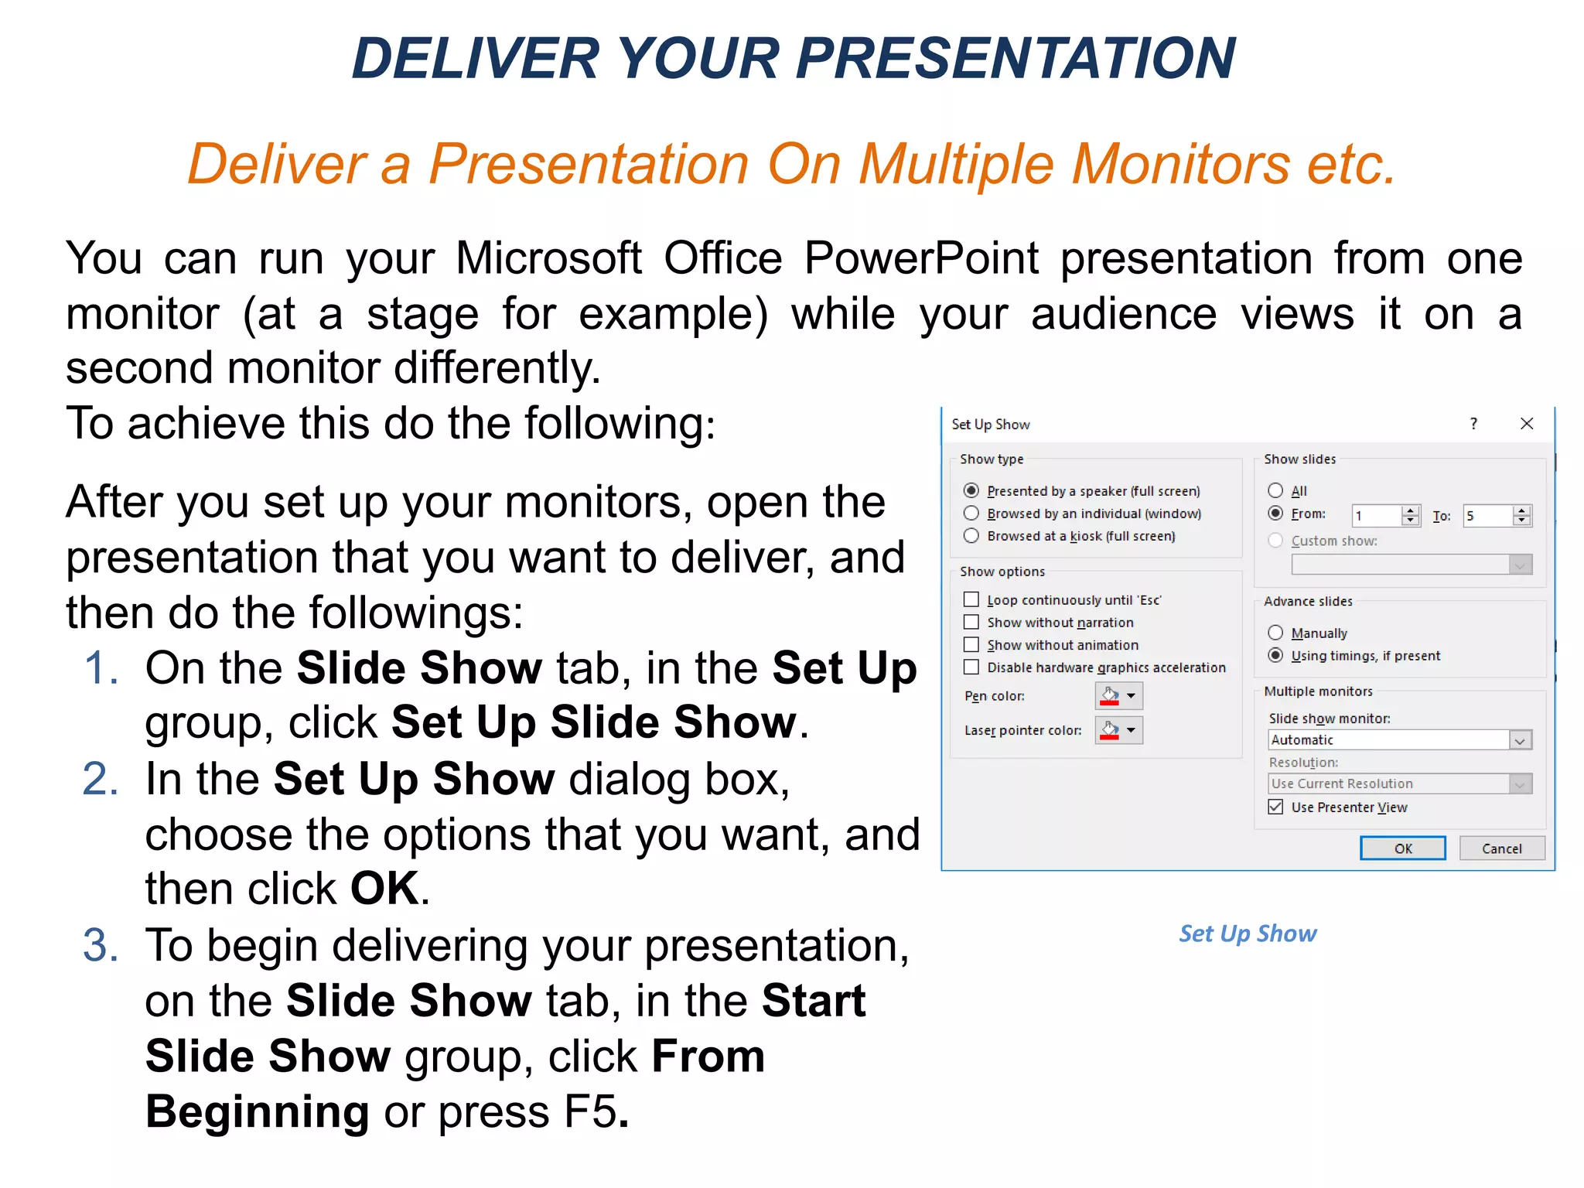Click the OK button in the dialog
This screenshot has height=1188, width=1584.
[x=1402, y=848]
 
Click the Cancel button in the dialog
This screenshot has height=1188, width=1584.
[x=1501, y=848]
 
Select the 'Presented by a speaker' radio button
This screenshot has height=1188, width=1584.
[x=971, y=490]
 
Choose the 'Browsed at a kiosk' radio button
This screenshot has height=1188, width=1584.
[x=971, y=536]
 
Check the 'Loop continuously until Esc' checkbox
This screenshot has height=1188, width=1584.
[x=971, y=599]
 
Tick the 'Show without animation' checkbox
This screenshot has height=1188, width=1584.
[x=971, y=644]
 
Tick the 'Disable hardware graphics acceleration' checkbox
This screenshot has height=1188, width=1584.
[x=971, y=667]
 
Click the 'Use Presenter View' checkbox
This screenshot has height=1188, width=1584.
[x=1275, y=807]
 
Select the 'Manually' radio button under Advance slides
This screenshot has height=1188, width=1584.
[x=1275, y=633]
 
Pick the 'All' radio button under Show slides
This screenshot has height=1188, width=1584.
[x=1275, y=490]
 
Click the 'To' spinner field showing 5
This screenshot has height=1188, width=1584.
[x=1487, y=516]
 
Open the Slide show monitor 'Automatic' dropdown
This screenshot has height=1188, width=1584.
[x=1520, y=740]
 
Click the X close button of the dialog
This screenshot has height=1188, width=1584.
[x=1526, y=424]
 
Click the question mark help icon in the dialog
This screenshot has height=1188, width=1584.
[x=1473, y=424]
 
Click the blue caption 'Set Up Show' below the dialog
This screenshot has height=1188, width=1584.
[x=1248, y=934]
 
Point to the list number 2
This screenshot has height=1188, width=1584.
[x=101, y=779]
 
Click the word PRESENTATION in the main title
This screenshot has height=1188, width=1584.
[x=1016, y=59]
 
